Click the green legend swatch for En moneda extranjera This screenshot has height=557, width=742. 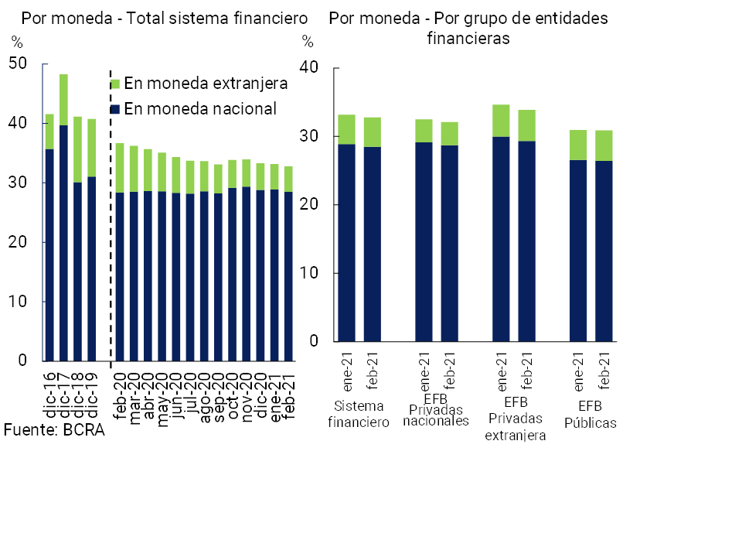(115, 84)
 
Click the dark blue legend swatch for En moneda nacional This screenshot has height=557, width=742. (115, 109)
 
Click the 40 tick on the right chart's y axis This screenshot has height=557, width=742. (309, 68)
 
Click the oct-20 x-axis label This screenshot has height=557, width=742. (233, 394)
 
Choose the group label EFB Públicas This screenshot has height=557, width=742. (591, 414)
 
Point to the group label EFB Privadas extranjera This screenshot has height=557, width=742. (515, 419)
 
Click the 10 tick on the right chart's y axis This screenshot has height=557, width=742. (309, 273)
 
